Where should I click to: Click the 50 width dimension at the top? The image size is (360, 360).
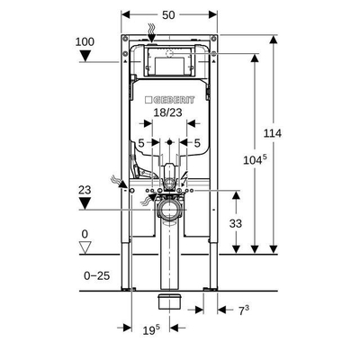coord(168,15)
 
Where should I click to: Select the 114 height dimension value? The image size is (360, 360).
coord(273,133)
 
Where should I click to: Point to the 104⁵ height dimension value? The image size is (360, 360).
coord(255,160)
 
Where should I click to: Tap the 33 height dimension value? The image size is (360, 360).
coord(236,223)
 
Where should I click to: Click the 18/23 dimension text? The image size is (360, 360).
coord(168,112)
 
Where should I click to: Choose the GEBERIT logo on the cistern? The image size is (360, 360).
coord(169,100)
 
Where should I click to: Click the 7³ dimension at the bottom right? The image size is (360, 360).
coord(244,310)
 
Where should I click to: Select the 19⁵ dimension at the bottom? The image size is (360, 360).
coord(151,330)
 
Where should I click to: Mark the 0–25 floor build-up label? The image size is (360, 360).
coord(97,275)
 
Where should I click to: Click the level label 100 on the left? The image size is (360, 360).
coord(85,41)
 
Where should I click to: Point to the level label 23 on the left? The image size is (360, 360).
coord(85,190)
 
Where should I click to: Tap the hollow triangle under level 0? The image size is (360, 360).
coord(85,247)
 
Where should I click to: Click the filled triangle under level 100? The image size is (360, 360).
coord(85,56)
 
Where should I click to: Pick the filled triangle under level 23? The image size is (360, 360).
coord(85,204)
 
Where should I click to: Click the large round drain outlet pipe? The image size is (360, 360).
coord(169,209)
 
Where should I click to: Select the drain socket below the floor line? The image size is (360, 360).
coord(170,301)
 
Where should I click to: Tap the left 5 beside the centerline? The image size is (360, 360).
coord(141,143)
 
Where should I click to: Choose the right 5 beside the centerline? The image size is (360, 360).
coord(197,143)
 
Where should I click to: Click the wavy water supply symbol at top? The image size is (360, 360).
coord(151,30)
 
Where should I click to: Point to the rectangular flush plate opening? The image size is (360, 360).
coord(169,66)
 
